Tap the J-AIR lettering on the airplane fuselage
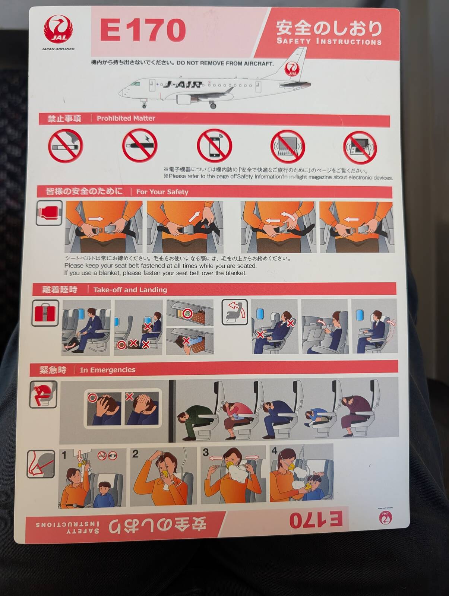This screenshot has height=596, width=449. point(182,85)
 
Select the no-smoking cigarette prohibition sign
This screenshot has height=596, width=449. point(66,146)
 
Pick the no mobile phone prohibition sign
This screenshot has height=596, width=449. point(214,146)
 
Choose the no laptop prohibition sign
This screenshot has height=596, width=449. point(288,147)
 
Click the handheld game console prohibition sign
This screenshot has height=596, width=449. point(360,148)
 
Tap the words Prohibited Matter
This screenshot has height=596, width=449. point(126,118)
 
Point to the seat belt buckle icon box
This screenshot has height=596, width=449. point(49,213)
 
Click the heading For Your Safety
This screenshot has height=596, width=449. point(162,192)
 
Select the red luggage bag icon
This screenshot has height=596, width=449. point(45,313)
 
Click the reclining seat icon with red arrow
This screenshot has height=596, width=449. point(235,312)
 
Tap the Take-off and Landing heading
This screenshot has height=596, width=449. point(130,290)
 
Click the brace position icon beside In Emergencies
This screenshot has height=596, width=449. point(43,394)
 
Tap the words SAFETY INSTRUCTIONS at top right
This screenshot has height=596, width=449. point(329,42)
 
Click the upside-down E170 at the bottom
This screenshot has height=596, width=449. point(316,519)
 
